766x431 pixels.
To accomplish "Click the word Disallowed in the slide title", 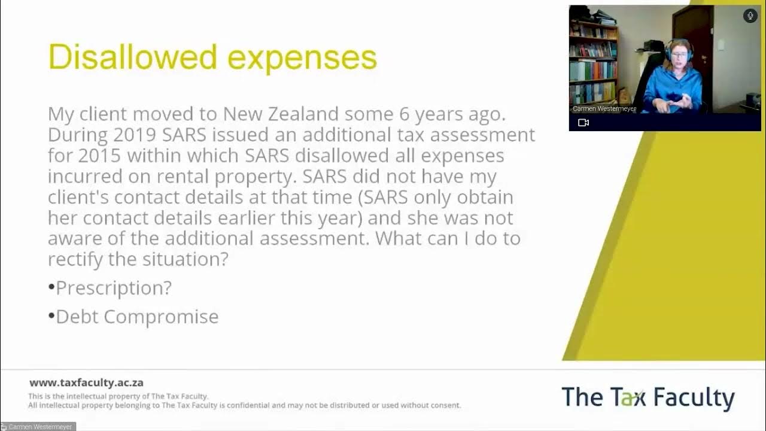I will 132,57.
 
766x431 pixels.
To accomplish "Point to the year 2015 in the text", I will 99,156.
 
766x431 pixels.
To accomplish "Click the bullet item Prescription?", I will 114,288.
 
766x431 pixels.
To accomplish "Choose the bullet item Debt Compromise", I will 137,317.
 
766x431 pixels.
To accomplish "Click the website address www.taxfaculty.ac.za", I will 86,383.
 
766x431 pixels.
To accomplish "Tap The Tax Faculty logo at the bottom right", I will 648,398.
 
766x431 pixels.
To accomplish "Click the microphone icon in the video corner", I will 750,16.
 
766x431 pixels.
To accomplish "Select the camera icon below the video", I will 583,123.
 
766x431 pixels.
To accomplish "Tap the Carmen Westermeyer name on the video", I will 604,109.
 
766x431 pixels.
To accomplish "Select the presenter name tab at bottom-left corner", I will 38,427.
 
